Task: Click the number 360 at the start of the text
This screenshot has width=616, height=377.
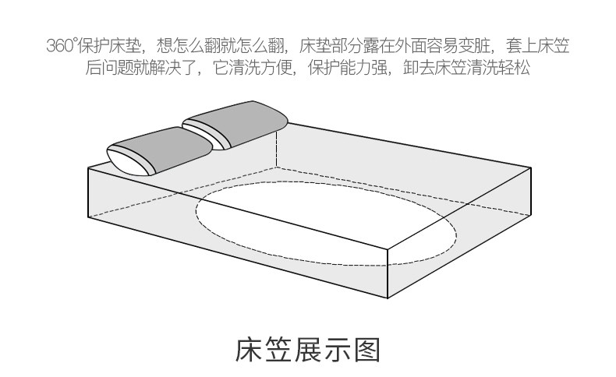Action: coord(58,46)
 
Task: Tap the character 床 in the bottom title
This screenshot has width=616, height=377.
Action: coord(251,350)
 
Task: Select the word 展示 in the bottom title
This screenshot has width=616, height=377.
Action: coord(322,350)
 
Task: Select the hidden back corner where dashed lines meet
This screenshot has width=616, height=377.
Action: coord(276,166)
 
